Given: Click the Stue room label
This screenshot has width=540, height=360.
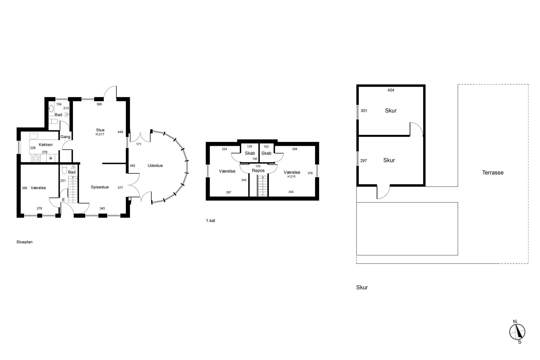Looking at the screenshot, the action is [x=100, y=130].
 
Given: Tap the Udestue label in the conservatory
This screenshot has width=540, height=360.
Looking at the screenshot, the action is [x=155, y=166].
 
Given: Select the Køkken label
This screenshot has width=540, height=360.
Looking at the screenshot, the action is [x=45, y=145].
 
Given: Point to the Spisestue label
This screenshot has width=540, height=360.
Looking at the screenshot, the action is [x=100, y=187].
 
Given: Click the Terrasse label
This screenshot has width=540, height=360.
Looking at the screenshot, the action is [x=493, y=172].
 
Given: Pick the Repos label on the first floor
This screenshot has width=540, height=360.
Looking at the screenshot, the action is [x=258, y=170].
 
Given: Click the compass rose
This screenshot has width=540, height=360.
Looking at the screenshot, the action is [x=517, y=332].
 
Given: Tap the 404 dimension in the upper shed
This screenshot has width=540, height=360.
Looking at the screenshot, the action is [x=391, y=90].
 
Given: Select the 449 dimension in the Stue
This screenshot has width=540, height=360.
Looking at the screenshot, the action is [x=120, y=132].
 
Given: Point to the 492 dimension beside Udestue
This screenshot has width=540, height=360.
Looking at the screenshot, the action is [x=132, y=166].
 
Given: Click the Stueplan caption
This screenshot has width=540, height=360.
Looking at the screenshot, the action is [x=24, y=242].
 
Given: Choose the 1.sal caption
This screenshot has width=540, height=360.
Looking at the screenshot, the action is [x=210, y=221].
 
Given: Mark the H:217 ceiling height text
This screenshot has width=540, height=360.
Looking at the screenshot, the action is [x=100, y=134].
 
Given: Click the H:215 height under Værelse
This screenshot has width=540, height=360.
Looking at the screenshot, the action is [x=291, y=176].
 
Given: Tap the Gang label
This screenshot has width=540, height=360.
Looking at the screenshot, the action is [x=65, y=137].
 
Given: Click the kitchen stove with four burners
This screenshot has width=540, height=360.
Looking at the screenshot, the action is [x=36, y=158].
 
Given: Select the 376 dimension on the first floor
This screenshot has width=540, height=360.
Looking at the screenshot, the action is [x=310, y=173].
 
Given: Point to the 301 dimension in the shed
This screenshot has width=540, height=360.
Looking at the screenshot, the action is [x=364, y=111].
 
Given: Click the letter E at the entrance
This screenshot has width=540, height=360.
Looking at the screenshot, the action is [x=63, y=200].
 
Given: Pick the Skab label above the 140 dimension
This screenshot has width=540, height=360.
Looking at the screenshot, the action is [x=250, y=153].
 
